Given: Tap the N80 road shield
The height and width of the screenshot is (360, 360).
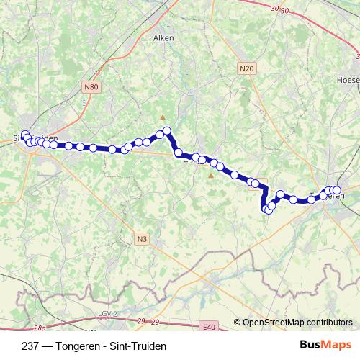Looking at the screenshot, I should (91, 88).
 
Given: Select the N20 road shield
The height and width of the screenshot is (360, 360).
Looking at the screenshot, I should (246, 68).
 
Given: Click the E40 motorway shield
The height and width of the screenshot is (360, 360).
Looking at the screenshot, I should (209, 327).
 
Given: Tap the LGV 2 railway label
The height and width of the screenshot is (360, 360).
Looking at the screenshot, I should (107, 314).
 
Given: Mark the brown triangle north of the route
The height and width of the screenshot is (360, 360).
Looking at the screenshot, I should (163, 117).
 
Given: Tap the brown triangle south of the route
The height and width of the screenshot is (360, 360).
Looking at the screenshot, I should (210, 174).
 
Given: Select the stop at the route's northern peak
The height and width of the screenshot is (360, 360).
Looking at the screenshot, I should (166, 131).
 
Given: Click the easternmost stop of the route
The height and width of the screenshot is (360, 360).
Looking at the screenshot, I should (337, 190).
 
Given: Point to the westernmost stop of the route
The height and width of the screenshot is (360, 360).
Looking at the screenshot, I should (24, 134).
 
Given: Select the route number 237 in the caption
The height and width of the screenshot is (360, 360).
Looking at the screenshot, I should (31, 346).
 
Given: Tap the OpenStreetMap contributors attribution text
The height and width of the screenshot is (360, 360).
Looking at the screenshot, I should (297, 323).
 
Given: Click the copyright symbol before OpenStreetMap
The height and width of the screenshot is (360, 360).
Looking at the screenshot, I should (238, 323).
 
